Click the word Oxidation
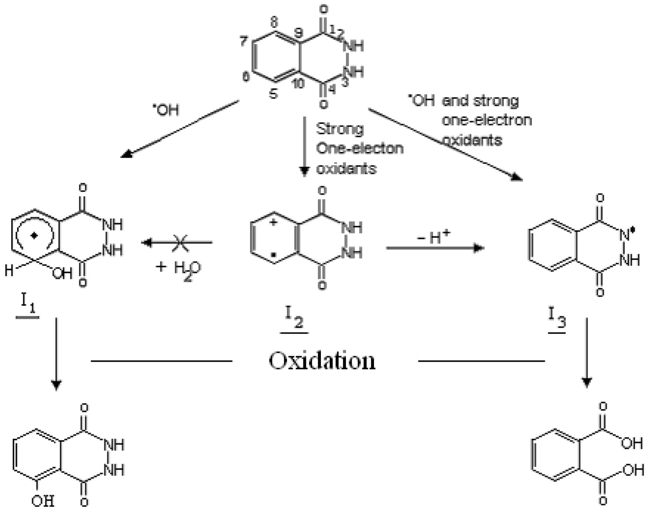(322, 361)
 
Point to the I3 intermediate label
(557, 318)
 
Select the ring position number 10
(298, 83)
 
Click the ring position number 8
(274, 23)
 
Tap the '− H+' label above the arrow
(433, 237)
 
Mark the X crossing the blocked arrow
(177, 243)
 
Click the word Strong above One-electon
(339, 128)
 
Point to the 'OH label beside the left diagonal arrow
(166, 110)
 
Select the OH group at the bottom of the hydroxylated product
(43, 501)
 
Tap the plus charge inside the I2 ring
(273, 223)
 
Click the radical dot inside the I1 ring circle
(34, 235)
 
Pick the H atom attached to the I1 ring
(9, 271)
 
